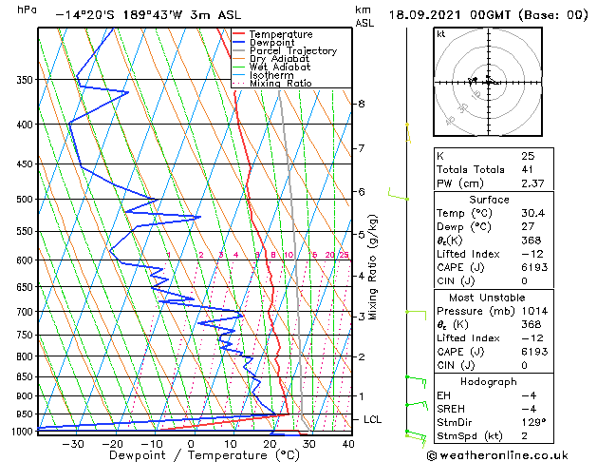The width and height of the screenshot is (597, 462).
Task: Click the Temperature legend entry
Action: tap(281, 35)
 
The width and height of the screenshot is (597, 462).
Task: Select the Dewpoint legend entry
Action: tap(275, 43)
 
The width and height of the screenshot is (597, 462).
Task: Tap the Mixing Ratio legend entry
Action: tap(280, 84)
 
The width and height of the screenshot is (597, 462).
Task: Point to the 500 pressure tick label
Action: tap(26, 200)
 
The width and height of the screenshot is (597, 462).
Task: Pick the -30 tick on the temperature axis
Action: tap(72, 443)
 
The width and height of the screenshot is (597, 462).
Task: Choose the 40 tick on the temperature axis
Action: tap(347, 443)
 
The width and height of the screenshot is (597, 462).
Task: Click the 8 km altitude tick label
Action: tap(362, 104)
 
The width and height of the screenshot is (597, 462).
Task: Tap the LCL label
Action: tap(373, 419)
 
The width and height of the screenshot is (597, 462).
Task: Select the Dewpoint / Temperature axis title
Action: tap(190, 455)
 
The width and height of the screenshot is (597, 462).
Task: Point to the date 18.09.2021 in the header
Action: tap(428, 15)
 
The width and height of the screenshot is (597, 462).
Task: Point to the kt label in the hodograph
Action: tap(441, 34)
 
